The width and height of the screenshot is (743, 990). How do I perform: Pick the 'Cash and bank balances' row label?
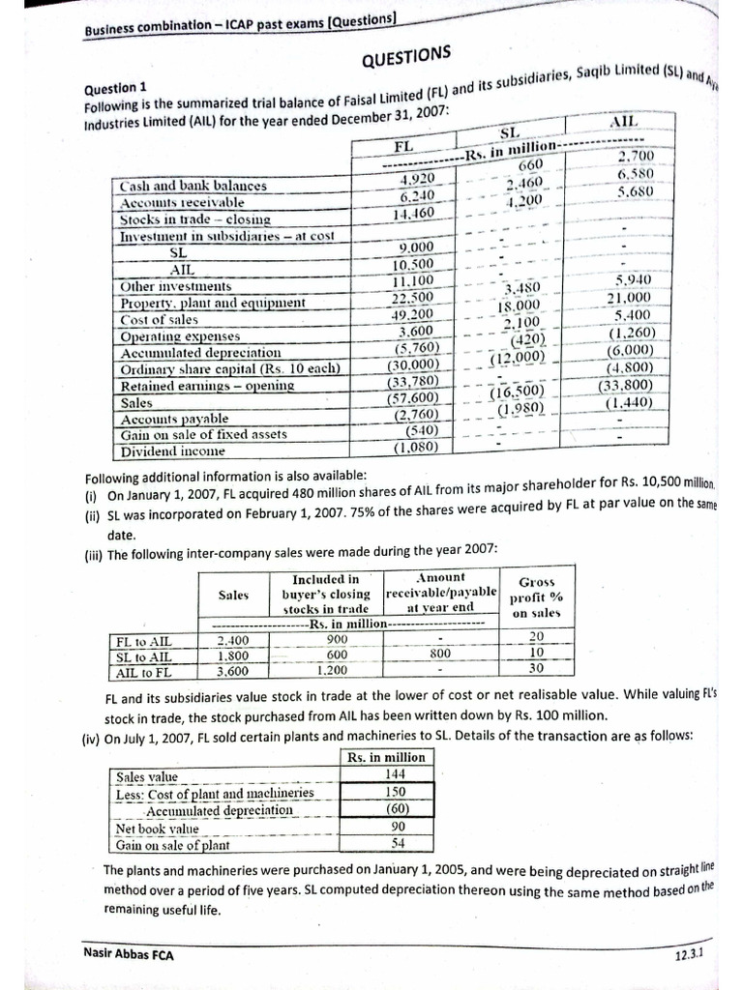click(193, 185)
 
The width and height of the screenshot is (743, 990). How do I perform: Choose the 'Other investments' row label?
click(175, 286)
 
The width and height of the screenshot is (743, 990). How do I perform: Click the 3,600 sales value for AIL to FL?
click(232, 671)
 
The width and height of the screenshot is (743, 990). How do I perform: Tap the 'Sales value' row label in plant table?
click(148, 776)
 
